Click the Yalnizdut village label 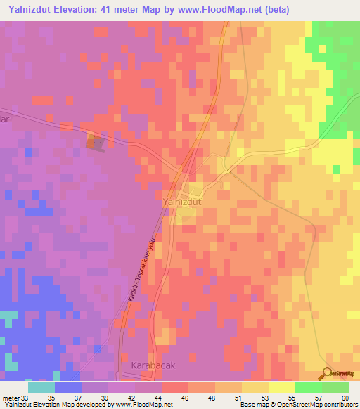[x=183, y=201]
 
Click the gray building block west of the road [x=95, y=141]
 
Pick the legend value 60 [x=343, y=397]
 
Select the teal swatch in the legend [x=41, y=387]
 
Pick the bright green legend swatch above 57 [x=308, y=387]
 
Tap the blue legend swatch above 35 [x=68, y=387]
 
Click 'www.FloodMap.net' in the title [x=207, y=9]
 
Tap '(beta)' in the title [x=272, y=9]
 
